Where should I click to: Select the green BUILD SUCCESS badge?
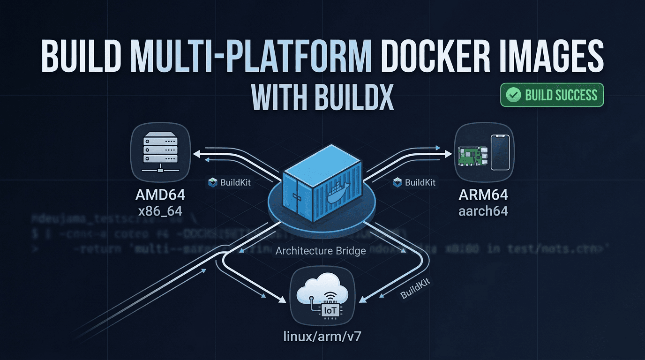(552, 95)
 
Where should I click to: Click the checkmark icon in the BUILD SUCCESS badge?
(514, 95)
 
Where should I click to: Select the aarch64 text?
(483, 211)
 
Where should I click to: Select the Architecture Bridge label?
(321, 251)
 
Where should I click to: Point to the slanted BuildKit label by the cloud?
(415, 287)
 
